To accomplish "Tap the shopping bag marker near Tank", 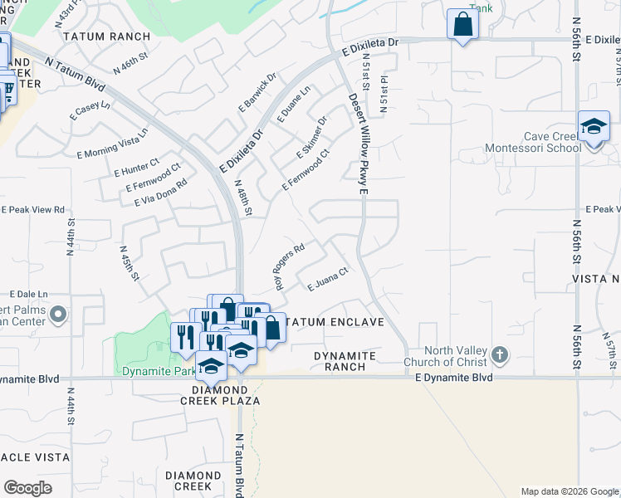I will pos(462,24).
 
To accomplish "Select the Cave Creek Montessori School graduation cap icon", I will pos(594,127).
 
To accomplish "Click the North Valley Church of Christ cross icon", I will pos(499,355).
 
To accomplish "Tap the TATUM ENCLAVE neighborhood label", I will pos(332,322).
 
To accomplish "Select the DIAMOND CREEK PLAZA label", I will pos(226,394).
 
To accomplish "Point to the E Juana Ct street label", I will pos(325,280).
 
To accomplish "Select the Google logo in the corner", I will pos(27,487).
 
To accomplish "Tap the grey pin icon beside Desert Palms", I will pos(58,315).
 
